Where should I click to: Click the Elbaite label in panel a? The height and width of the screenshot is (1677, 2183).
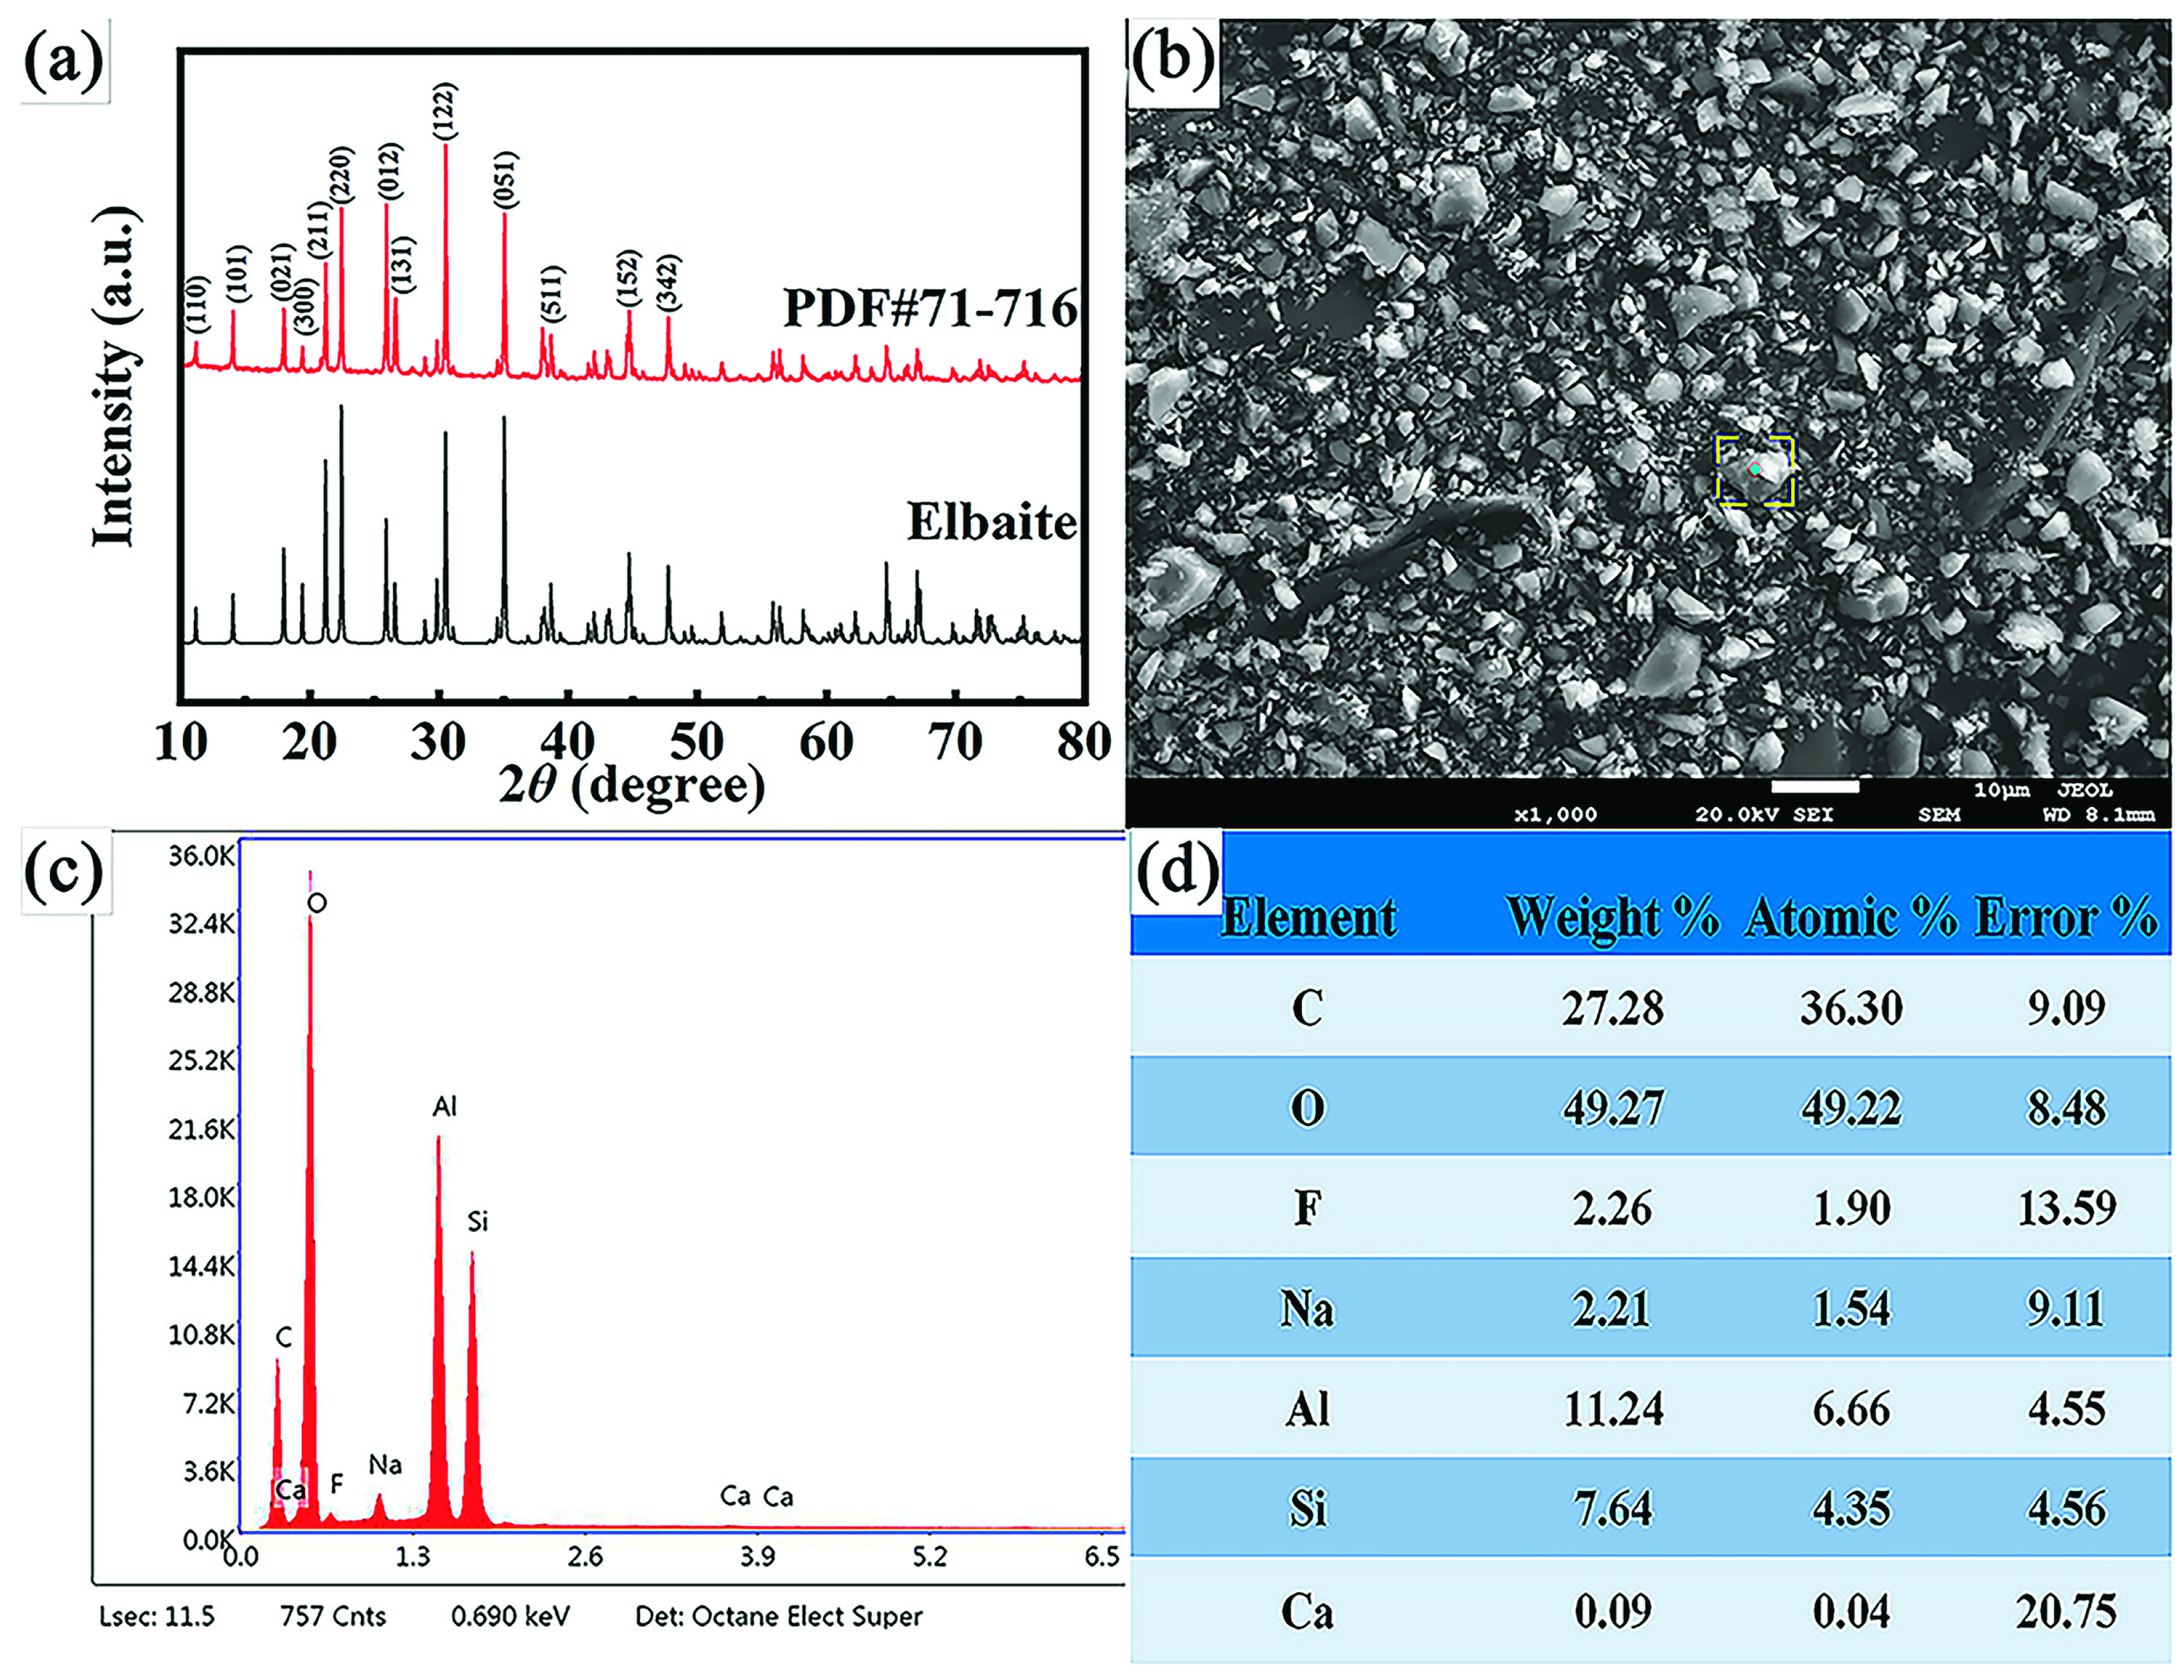pos(991,522)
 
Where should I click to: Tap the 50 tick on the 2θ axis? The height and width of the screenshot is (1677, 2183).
pos(696,741)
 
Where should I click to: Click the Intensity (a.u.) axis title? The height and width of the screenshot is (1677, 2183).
pos(115,379)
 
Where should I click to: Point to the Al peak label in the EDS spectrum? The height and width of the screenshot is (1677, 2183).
pos(444,1106)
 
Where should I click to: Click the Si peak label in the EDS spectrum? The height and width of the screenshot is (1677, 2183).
pos(477,1222)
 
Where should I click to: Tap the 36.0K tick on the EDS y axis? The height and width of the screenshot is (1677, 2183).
pos(202,856)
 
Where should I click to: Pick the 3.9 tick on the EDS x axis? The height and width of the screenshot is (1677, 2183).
pos(757,1557)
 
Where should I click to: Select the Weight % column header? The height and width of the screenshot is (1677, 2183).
pos(1612,916)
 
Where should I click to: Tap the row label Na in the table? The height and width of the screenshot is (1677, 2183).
pos(1307,1309)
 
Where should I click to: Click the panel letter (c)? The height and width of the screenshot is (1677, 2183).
pos(64,872)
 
